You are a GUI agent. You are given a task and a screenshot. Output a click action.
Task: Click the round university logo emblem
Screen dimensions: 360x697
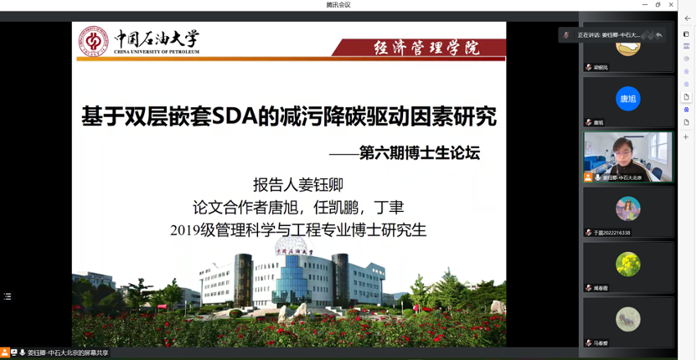pyautogui.click(x=93, y=40)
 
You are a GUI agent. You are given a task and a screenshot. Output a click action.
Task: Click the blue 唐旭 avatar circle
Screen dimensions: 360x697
pyautogui.click(x=627, y=98)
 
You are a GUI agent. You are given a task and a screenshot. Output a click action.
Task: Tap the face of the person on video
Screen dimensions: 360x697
pyautogui.click(x=625, y=150)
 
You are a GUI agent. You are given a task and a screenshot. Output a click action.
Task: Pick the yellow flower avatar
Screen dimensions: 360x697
pyautogui.click(x=627, y=265)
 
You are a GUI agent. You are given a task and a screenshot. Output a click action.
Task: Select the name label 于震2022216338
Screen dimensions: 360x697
pyautogui.click(x=612, y=233)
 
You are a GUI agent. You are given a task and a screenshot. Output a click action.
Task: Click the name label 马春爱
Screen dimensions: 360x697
pyautogui.click(x=604, y=343)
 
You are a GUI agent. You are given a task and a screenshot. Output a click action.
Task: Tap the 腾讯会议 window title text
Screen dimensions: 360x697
pyautogui.click(x=338, y=5)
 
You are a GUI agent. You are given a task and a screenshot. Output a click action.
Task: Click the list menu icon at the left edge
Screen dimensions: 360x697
pyautogui.click(x=8, y=296)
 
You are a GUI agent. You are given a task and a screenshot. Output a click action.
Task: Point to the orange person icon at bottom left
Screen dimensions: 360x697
pyautogui.click(x=5, y=353)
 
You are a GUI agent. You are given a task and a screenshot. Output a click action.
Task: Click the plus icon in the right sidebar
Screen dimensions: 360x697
pyautogui.click(x=686, y=136)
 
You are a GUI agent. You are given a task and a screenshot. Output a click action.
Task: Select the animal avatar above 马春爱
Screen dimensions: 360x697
pyautogui.click(x=627, y=319)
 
